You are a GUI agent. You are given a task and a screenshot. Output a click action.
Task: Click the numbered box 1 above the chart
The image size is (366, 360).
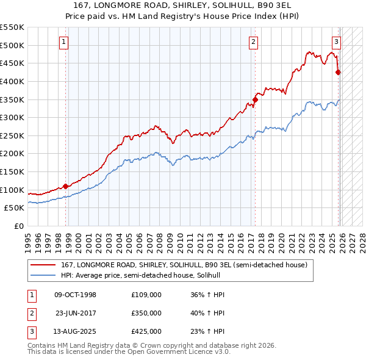pyautogui.click(x=64, y=42)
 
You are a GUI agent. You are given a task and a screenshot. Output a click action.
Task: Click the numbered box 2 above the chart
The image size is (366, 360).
pyautogui.click(x=253, y=42)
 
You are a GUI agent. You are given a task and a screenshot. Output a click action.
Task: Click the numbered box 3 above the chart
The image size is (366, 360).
pyautogui.click(x=336, y=42)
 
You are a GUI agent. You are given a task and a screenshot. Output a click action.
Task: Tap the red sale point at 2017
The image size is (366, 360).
pyautogui.click(x=255, y=99)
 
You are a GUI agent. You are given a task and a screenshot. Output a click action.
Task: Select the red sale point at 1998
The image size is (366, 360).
pyautogui.click(x=66, y=187)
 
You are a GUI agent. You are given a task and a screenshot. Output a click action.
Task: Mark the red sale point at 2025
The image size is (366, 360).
pyautogui.click(x=339, y=73)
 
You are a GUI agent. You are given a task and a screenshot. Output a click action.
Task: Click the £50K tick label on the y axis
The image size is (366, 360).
pyautogui.click(x=15, y=208)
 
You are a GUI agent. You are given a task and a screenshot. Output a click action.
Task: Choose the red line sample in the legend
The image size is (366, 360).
pyautogui.click(x=43, y=265)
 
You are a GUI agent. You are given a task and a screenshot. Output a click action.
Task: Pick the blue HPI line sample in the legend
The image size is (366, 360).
pyautogui.click(x=43, y=275)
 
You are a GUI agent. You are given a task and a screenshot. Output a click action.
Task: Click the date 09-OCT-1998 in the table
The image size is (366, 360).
pyautogui.click(x=75, y=295)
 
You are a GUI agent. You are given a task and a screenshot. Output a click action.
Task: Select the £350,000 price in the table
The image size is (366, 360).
pyautogui.click(x=146, y=313)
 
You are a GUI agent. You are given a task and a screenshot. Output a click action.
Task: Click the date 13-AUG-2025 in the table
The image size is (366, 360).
pyautogui.click(x=75, y=331)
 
